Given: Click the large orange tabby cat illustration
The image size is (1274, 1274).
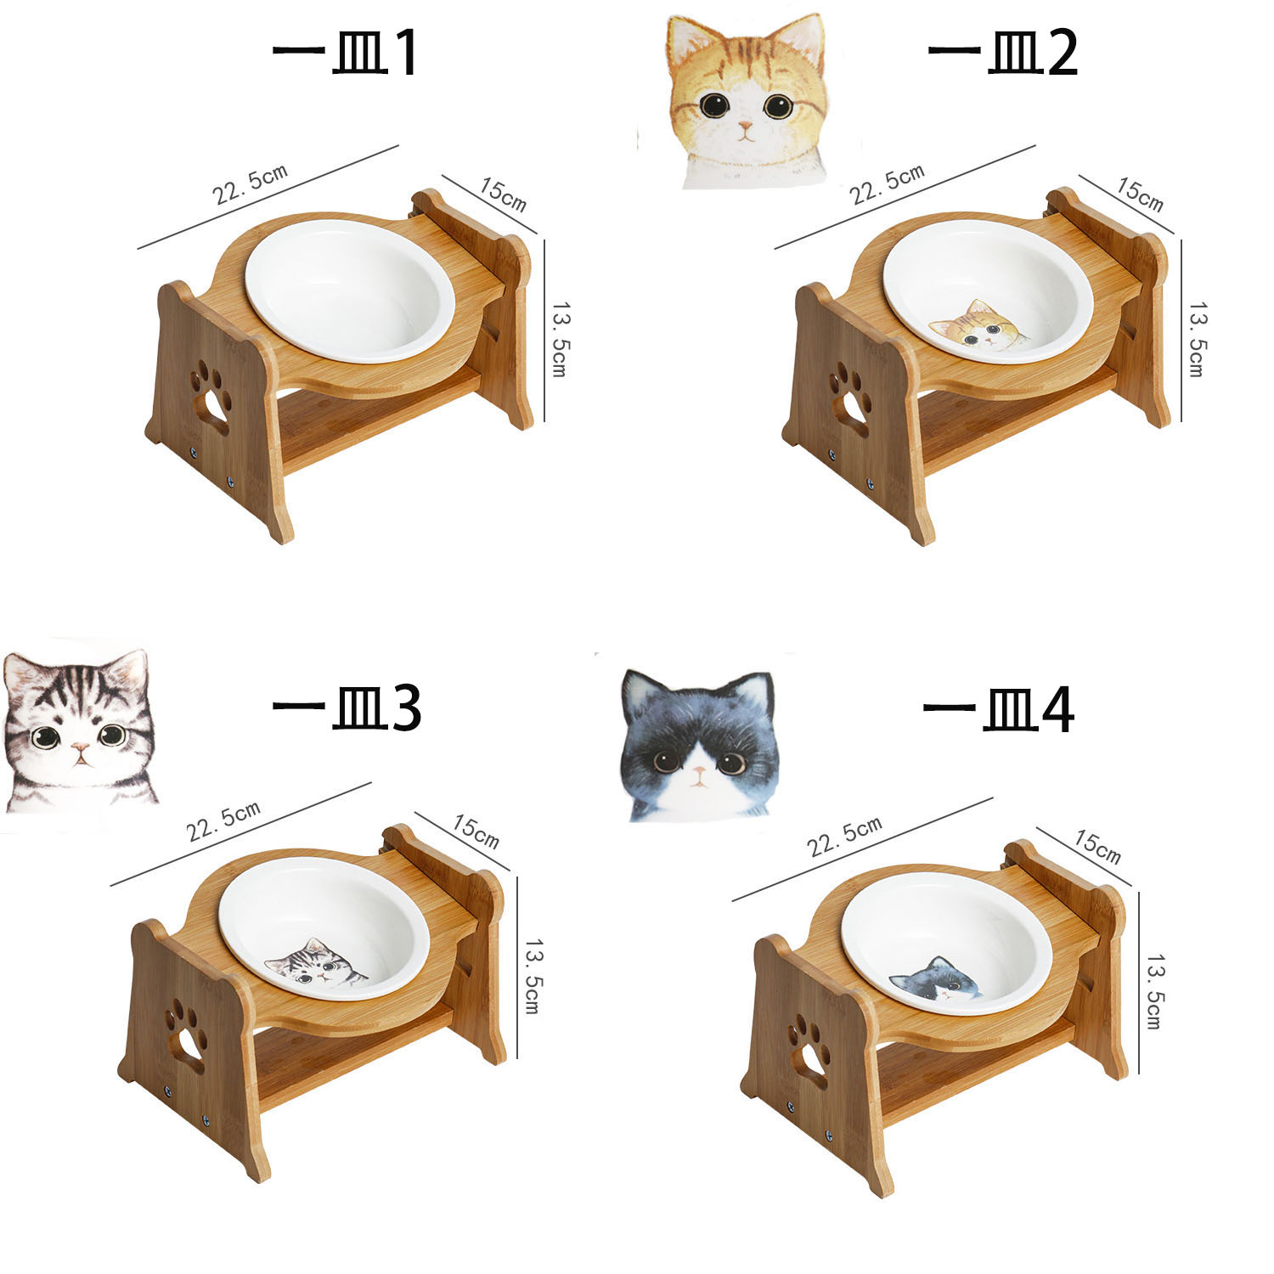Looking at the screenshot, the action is click(x=747, y=102).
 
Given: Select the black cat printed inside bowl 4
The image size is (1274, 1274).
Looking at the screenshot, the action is click(x=935, y=979).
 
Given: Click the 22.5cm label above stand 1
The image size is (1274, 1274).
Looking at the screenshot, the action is click(x=251, y=183).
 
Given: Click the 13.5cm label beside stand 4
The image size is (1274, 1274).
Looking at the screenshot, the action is click(x=1153, y=990).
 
